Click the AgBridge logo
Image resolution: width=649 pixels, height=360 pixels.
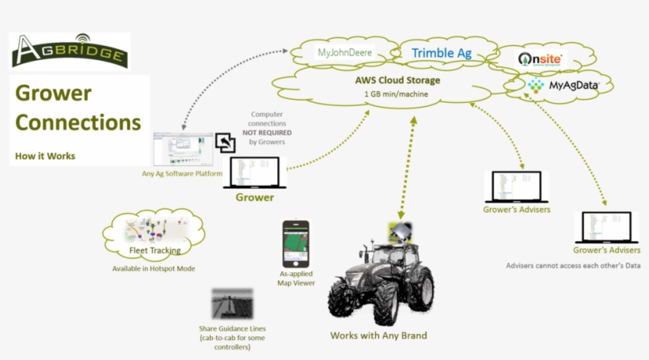tap(69, 51)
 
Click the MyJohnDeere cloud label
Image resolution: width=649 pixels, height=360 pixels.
tap(344, 54)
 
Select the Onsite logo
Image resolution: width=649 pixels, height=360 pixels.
tap(541, 59)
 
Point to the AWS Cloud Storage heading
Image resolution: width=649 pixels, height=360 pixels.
tap(397, 81)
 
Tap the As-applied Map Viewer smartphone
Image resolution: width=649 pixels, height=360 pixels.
tap(292, 243)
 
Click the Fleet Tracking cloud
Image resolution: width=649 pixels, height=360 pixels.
tap(154, 235)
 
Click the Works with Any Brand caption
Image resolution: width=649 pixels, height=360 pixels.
tap(378, 335)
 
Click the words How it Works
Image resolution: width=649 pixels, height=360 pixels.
tap(45, 156)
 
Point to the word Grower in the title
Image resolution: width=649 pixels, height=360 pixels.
tap(53, 94)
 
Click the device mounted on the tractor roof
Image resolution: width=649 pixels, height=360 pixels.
tap(401, 232)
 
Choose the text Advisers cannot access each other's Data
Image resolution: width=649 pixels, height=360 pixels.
tap(572, 266)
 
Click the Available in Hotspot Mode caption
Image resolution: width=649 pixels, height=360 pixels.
tap(154, 269)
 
